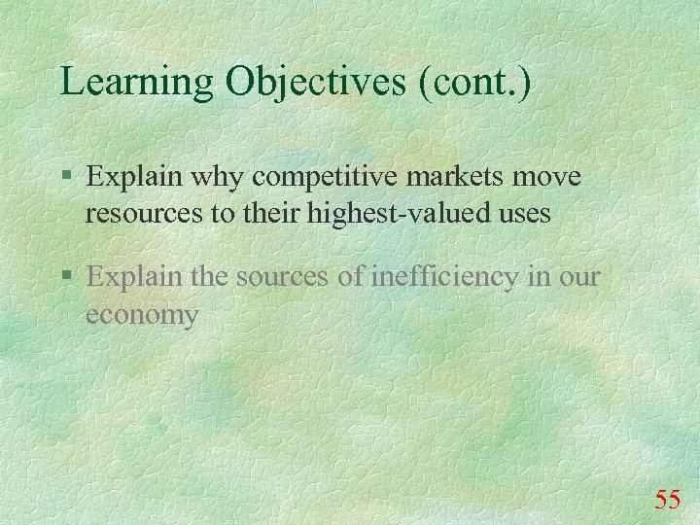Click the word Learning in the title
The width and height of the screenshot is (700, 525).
click(137, 82)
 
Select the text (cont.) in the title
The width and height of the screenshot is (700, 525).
click(475, 82)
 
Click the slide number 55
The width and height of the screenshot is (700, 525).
click(667, 500)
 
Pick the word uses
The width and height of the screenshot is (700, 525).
click(526, 212)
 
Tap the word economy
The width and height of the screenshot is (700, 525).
click(142, 314)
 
